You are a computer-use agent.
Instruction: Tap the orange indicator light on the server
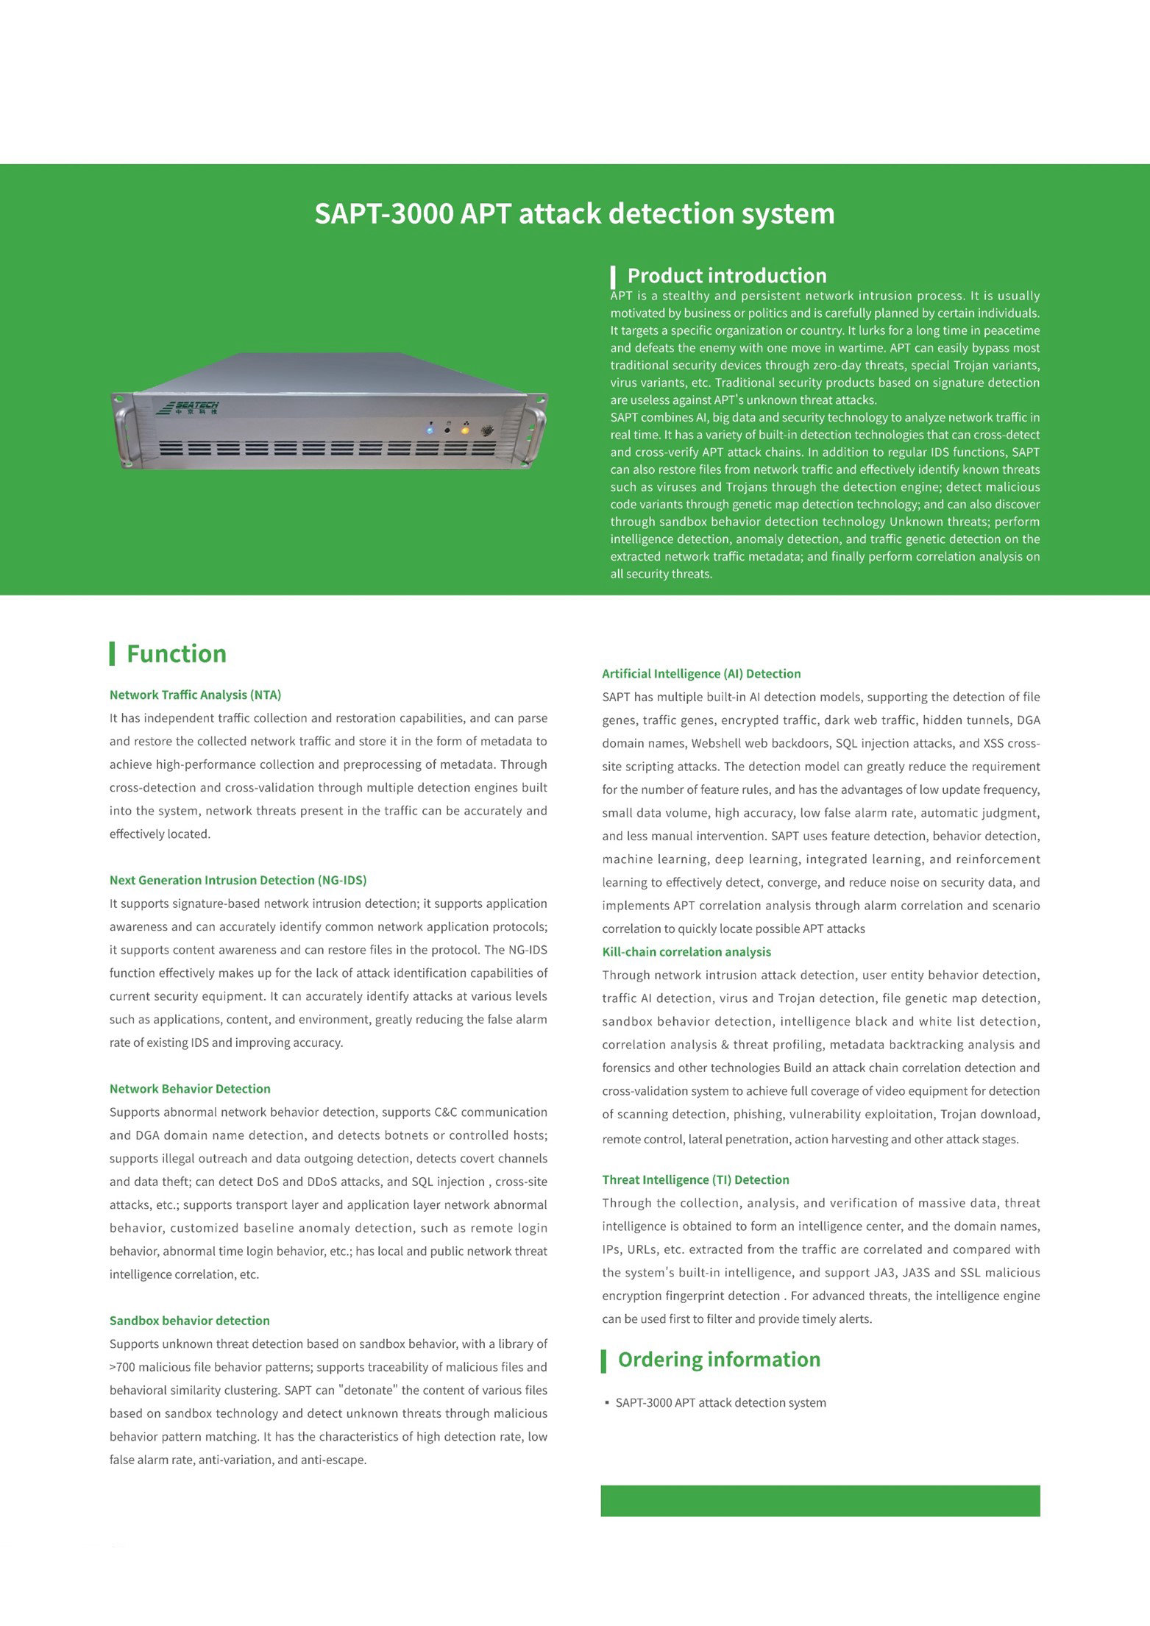click(465, 430)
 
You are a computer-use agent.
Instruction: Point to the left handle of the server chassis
click(122, 434)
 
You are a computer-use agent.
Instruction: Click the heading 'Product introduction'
click(726, 276)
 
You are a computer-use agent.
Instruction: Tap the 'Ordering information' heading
click(718, 1359)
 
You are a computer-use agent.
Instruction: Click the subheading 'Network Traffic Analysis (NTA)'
click(195, 695)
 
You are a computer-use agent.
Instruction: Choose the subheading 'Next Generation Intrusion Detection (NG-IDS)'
click(238, 880)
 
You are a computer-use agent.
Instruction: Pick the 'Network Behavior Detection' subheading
click(190, 1089)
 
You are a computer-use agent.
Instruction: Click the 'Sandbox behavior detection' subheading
click(189, 1321)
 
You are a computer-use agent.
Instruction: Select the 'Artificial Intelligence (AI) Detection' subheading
click(700, 673)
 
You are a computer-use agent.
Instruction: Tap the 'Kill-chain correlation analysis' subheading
click(686, 951)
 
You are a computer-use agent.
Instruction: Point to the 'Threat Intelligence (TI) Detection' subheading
click(695, 1179)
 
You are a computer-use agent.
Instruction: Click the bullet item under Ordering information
click(720, 1402)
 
